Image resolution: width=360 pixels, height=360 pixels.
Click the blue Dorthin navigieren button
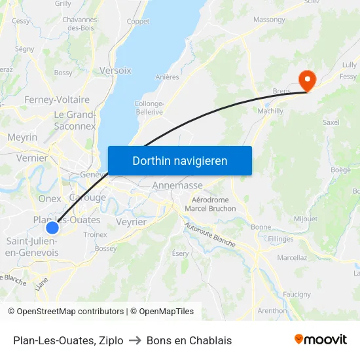[179, 160]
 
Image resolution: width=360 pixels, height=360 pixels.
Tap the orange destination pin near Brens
[306, 80]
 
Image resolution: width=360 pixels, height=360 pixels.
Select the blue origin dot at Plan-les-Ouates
[52, 228]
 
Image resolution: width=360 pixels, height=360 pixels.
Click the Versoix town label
[115, 70]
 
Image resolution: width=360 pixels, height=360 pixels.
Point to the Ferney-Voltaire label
[57, 99]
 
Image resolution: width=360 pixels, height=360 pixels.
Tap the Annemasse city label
[177, 185]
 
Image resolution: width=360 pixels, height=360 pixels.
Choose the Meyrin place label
[22, 137]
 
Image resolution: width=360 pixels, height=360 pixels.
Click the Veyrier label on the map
[130, 222]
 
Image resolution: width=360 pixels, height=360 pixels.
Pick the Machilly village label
[270, 111]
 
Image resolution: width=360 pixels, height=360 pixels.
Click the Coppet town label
[138, 21]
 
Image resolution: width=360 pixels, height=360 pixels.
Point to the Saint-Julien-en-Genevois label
[32, 247]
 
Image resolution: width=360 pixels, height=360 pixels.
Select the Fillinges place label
[281, 239]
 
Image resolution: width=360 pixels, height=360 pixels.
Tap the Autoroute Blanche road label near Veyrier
[209, 234]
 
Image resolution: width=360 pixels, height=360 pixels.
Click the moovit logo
[320, 340]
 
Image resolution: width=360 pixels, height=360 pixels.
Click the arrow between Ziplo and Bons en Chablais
[135, 340]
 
